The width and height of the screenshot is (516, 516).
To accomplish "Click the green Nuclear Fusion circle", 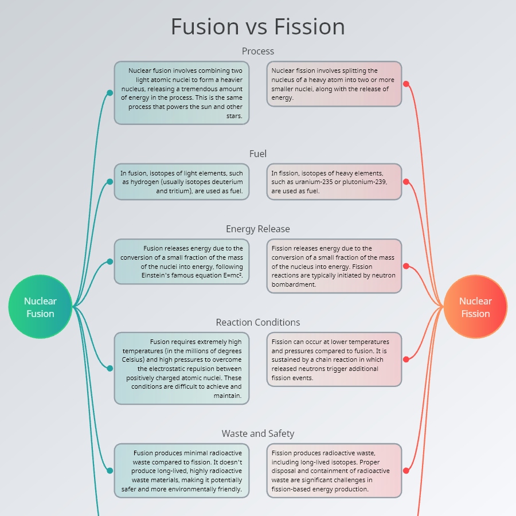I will tap(40, 307).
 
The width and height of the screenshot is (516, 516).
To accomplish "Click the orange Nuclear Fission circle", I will tap(476, 307).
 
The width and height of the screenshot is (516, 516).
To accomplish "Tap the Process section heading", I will tap(258, 51).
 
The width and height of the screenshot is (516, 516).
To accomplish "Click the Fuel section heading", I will tap(258, 154).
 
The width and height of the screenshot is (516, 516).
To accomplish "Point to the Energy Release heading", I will tap(258, 229).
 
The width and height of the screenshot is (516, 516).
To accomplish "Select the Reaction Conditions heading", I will tap(258, 322).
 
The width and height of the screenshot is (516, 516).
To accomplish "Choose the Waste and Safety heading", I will tap(258, 433).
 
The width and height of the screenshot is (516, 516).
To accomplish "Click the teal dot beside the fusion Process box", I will tap(110, 92).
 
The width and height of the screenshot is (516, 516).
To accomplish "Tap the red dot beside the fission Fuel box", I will tap(406, 182).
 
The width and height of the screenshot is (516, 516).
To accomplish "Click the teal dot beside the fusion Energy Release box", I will tap(110, 261).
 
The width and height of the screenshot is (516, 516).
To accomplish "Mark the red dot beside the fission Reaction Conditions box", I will tap(406, 359).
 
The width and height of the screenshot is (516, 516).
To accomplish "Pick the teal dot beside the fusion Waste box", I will tap(110, 471).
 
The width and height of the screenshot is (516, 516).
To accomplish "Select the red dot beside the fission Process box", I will tap(406, 84).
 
